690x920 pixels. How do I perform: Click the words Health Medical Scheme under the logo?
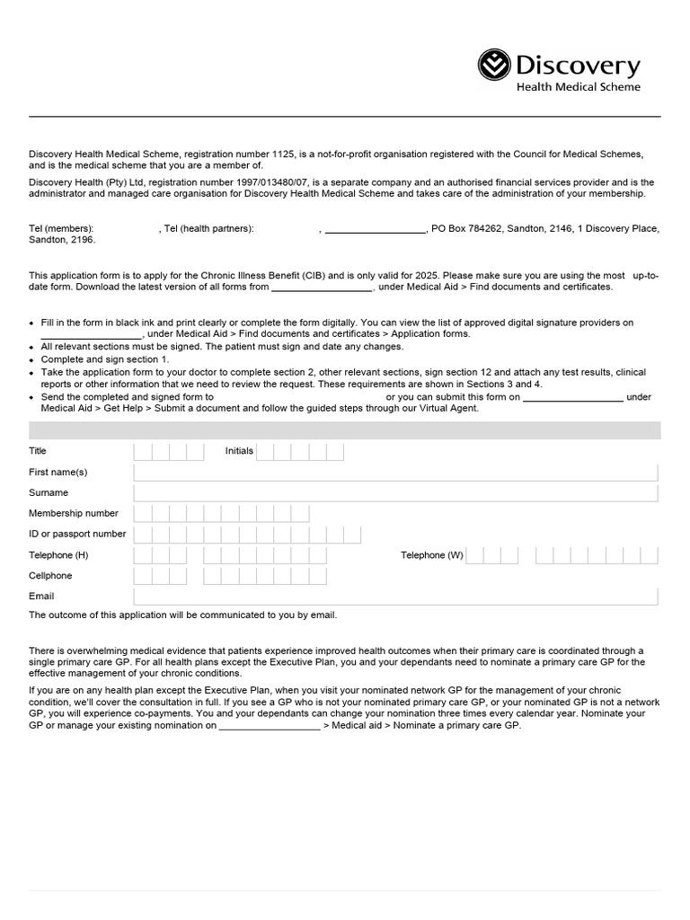(x=578, y=87)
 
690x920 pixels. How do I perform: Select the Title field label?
(x=38, y=451)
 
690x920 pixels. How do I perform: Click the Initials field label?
(x=239, y=451)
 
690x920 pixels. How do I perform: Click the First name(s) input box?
(x=395, y=473)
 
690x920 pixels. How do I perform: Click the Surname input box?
(x=395, y=493)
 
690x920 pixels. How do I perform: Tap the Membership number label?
(x=74, y=514)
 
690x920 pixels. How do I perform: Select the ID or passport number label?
(x=77, y=535)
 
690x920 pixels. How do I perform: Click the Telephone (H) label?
(x=58, y=555)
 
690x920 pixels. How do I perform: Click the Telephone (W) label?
(x=431, y=555)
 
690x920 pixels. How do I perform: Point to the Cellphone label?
(x=50, y=576)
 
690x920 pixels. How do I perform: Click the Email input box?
(x=395, y=597)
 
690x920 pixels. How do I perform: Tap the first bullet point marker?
(x=32, y=323)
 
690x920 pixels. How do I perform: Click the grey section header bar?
(x=345, y=430)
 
